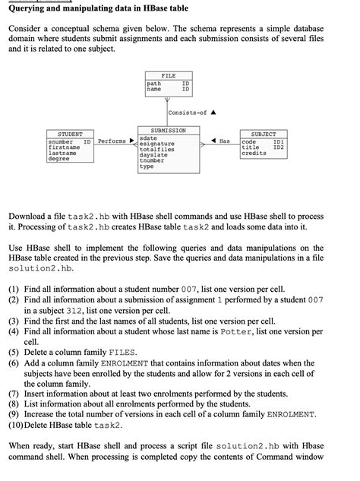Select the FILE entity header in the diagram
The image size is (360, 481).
[x=169, y=76]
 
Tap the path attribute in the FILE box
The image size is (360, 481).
[x=154, y=83]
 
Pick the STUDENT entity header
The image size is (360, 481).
[x=71, y=134]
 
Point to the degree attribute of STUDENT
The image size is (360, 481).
[x=58, y=160]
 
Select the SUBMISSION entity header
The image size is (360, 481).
[x=168, y=131]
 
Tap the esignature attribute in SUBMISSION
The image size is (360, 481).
[x=158, y=144]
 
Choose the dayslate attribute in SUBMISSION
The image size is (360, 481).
[x=155, y=155]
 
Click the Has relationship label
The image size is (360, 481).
[x=224, y=141]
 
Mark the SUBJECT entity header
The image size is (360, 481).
[x=263, y=134]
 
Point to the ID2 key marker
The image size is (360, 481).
[x=278, y=147]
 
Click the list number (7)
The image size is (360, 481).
[x=14, y=393]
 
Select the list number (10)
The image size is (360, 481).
[x=17, y=425]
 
